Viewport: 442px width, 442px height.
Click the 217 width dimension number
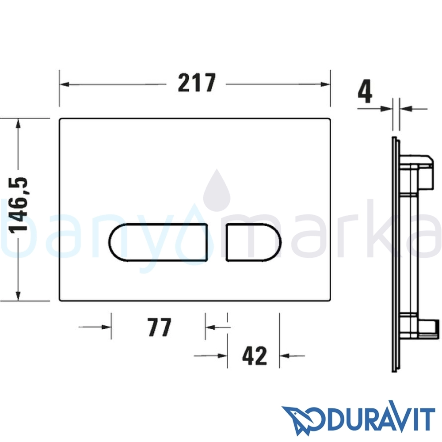[x=197, y=83]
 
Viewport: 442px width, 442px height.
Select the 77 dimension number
[x=160, y=327]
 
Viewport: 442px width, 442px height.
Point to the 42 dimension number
[x=255, y=355]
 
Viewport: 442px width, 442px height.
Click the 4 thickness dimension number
[x=366, y=91]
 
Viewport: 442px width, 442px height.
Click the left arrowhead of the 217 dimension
[x=65, y=84]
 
